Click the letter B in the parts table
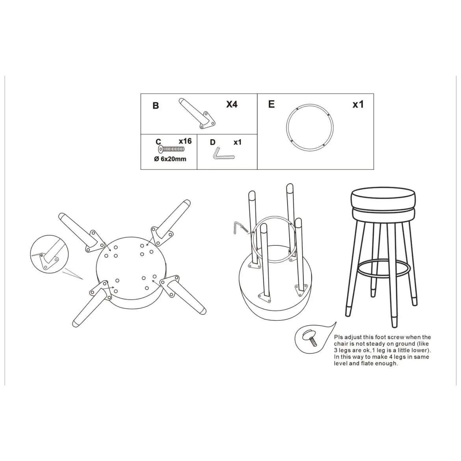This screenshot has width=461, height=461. [x=156, y=106]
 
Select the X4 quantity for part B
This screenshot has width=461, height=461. [x=232, y=104]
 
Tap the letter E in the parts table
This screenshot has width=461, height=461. [x=271, y=104]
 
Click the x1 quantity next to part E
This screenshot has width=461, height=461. [x=358, y=104]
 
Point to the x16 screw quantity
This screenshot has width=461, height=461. [x=185, y=141]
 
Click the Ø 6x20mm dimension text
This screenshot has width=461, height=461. [x=170, y=159]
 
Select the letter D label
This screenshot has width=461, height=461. [x=212, y=142]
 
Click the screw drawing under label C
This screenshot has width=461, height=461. [x=171, y=149]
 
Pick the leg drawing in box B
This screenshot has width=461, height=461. [x=197, y=113]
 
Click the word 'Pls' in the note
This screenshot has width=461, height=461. [x=338, y=337]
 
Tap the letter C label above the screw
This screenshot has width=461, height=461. [x=158, y=142]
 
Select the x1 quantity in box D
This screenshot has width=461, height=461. [x=238, y=142]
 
